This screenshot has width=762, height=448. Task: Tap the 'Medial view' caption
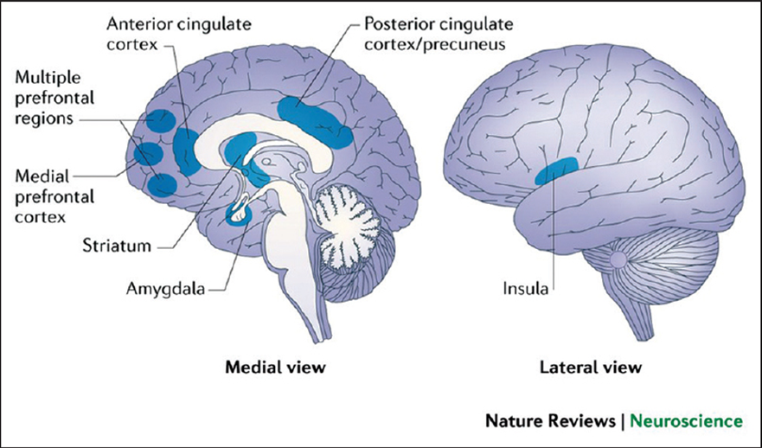(x=275, y=368)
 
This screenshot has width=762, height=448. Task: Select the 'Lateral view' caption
(x=591, y=368)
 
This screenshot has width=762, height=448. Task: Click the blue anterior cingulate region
(x=186, y=149)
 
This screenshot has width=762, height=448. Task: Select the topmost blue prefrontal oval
(x=159, y=120)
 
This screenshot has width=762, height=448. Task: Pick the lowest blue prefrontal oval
(x=162, y=184)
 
